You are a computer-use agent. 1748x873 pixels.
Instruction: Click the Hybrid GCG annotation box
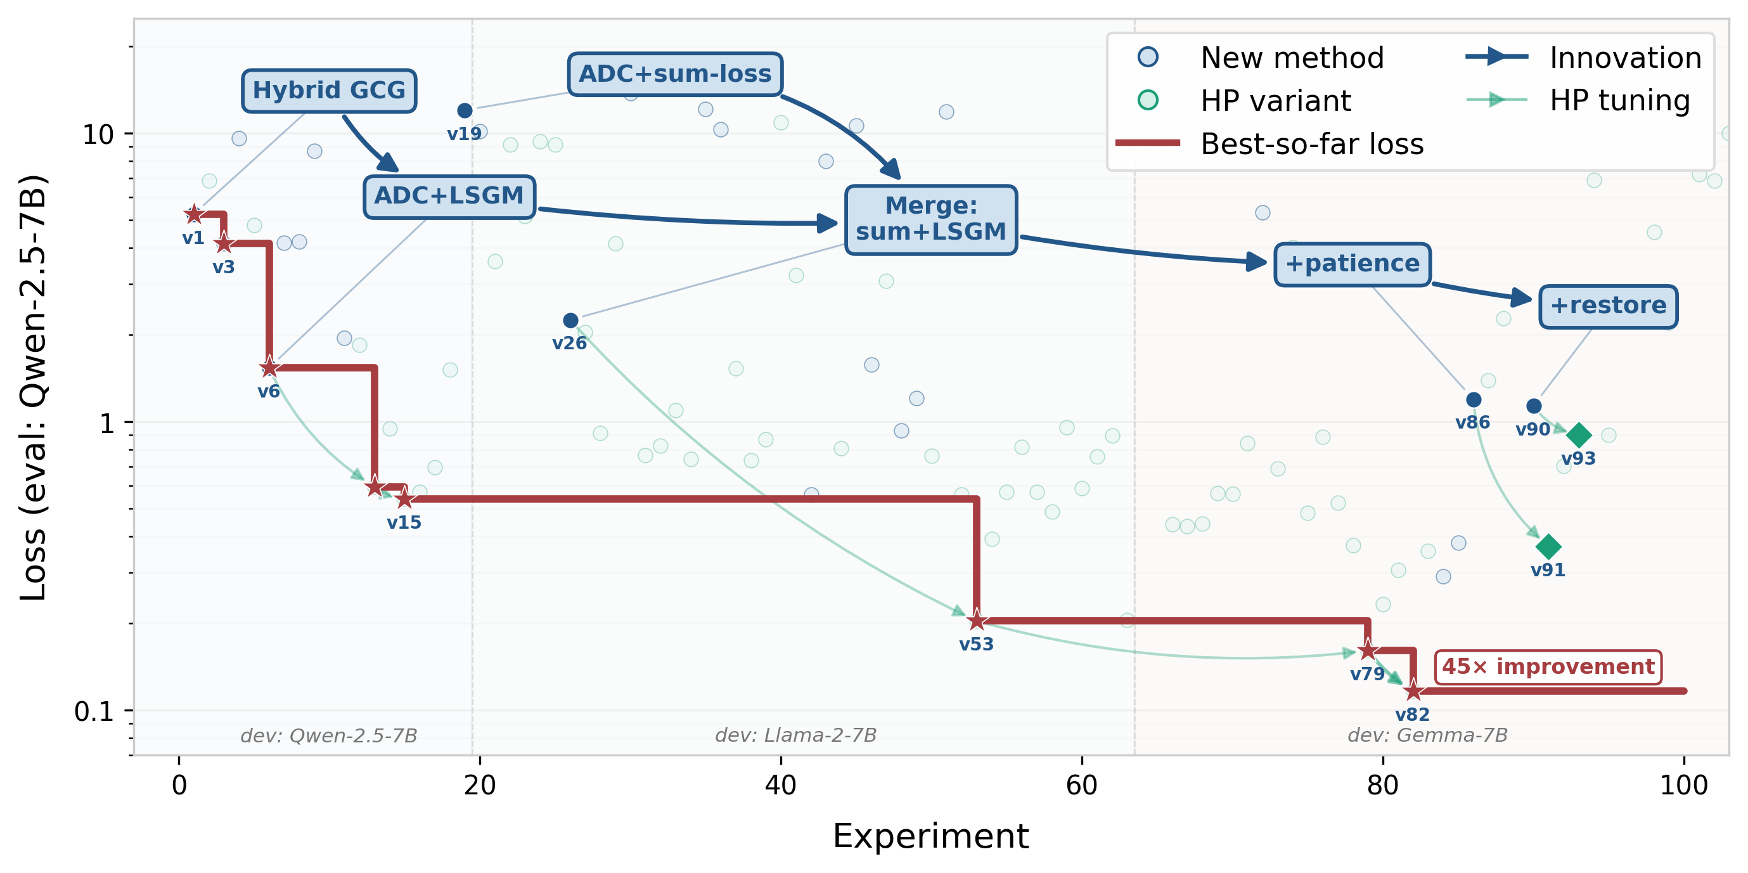329,90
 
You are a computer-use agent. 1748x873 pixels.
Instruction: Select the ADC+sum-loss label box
674,74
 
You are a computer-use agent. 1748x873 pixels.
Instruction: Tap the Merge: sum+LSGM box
930,219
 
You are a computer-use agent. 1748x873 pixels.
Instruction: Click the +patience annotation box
1352,264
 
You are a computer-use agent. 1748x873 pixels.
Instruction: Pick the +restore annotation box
1607,306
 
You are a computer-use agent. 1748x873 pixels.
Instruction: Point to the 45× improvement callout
1548,666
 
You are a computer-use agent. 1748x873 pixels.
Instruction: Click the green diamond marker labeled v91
1548,546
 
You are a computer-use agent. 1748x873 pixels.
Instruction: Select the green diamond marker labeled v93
1578,435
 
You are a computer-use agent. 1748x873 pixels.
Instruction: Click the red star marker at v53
977,620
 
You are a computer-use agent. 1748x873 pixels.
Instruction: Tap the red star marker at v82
1413,691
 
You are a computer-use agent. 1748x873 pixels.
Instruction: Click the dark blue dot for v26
570,320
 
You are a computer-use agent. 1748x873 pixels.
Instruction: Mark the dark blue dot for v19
465,111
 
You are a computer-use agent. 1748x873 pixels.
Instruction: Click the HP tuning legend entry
1619,100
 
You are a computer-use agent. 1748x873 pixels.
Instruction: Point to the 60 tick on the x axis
1082,786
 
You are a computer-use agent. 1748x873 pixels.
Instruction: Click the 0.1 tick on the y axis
95,711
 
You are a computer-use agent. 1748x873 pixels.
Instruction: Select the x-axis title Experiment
930,836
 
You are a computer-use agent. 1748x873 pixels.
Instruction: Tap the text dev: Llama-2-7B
795,735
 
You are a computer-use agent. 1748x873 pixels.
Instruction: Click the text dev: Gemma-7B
1427,735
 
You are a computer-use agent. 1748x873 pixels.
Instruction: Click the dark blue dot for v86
1473,400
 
